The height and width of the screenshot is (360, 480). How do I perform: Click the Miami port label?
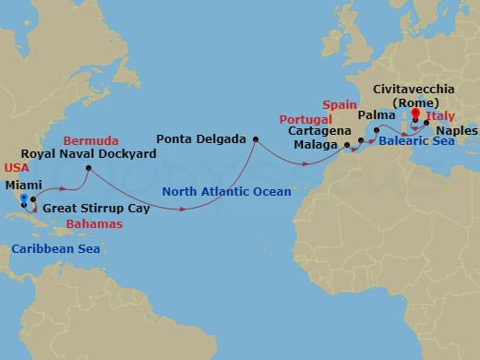coord(25,185)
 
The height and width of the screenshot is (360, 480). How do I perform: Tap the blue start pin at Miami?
coord(24,198)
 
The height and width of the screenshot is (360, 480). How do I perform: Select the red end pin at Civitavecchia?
coord(416,116)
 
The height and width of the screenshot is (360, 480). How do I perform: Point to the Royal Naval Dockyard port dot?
coord(88,168)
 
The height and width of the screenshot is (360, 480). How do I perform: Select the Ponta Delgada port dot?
coord(255,139)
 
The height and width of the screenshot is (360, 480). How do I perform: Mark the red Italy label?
coord(446,116)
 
